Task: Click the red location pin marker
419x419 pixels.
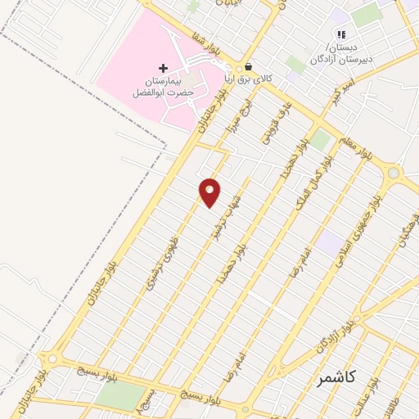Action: click(x=210, y=191)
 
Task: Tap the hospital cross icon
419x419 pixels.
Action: click(x=162, y=68)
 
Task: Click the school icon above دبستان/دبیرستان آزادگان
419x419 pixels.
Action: click(x=341, y=34)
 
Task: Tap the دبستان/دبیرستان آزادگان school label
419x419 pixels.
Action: click(x=342, y=52)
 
